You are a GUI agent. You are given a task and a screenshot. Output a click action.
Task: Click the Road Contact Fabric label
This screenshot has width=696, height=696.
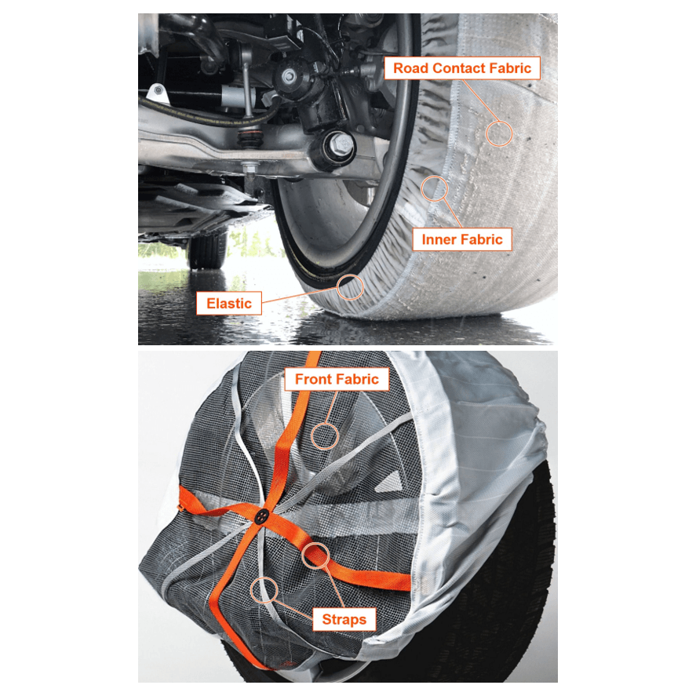click(x=462, y=68)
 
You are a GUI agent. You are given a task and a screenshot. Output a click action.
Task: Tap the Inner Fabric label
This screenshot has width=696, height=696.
click(x=461, y=239)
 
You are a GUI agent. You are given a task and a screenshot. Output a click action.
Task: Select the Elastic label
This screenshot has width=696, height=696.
click(x=228, y=303)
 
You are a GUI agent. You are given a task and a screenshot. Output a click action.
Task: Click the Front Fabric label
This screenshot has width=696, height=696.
click(x=337, y=380)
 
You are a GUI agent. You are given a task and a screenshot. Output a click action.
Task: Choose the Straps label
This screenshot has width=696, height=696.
click(x=344, y=619)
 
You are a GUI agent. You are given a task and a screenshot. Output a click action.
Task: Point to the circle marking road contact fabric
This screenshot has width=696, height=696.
click(x=498, y=133)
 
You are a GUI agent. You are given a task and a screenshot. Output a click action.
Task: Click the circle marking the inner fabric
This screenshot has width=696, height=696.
click(x=434, y=188)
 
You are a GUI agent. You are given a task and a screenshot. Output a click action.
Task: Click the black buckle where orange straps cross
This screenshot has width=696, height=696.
click(x=261, y=516)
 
